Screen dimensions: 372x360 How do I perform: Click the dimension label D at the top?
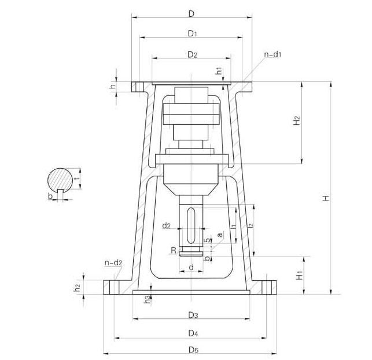[191, 14]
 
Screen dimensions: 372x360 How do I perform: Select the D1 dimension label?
[193, 34]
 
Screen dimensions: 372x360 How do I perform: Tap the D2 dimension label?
[193, 55]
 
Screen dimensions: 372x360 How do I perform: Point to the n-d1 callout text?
[273, 54]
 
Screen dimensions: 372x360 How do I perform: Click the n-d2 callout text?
[113, 262]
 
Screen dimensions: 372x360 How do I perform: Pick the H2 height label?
[297, 120]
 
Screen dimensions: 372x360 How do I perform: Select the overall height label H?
[326, 198]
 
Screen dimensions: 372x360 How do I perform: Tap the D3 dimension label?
[193, 315]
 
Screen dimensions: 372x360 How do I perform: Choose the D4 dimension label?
[193, 333]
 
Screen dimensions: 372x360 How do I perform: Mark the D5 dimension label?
[193, 350]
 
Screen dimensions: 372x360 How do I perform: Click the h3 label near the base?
[148, 299]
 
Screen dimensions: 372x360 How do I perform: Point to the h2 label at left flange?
[77, 287]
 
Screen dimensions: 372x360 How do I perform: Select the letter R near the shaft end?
[174, 250]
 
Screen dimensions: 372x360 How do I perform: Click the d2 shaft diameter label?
[166, 226]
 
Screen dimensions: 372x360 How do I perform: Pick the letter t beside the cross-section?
[76, 179]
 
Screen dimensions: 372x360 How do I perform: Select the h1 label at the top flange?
[219, 71]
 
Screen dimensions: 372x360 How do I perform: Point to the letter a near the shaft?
[220, 235]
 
